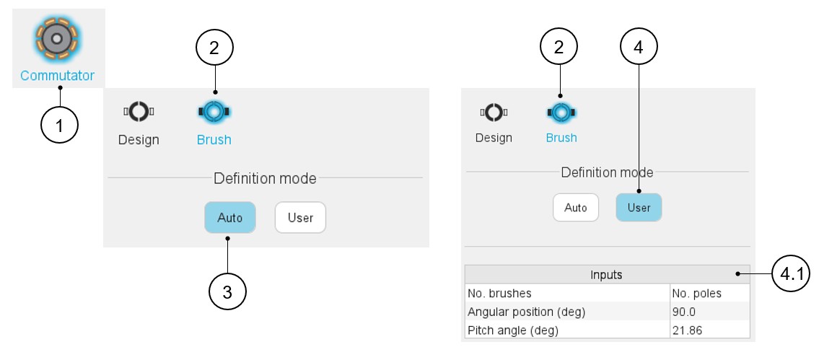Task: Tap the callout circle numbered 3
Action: pyautogui.click(x=227, y=292)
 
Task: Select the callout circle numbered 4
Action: pyautogui.click(x=639, y=48)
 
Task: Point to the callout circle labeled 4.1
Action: pyautogui.click(x=789, y=274)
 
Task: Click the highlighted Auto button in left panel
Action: pyautogui.click(x=230, y=217)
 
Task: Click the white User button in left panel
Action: pyautogui.click(x=300, y=217)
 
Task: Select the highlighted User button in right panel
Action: pyautogui.click(x=639, y=208)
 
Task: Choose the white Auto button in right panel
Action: pyautogui.click(x=576, y=208)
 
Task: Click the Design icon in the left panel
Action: pyautogui.click(x=139, y=112)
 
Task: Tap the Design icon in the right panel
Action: pyautogui.click(x=494, y=113)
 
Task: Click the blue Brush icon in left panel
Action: pyautogui.click(x=214, y=112)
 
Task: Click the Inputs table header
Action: pyautogui.click(x=606, y=275)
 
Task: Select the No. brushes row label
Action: pyautogui.click(x=499, y=294)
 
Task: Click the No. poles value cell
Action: pyautogui.click(x=696, y=294)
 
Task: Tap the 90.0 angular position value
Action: pyautogui.click(x=686, y=312)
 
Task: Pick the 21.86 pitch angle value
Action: pyautogui.click(x=688, y=330)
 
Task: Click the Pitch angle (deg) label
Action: pyautogui.click(x=513, y=330)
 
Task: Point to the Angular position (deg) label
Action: pyautogui.click(x=526, y=312)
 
